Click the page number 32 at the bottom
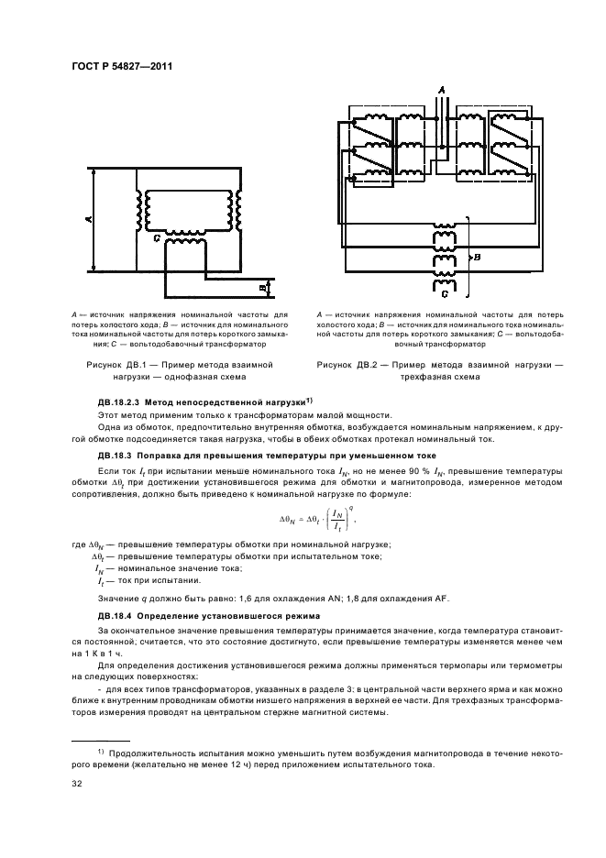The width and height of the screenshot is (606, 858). (77, 784)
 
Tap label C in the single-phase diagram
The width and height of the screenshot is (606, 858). (158, 238)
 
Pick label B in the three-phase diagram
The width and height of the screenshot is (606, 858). (478, 258)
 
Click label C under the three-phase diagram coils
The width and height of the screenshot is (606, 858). (444, 295)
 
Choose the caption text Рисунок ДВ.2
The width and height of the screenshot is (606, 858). (350, 365)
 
